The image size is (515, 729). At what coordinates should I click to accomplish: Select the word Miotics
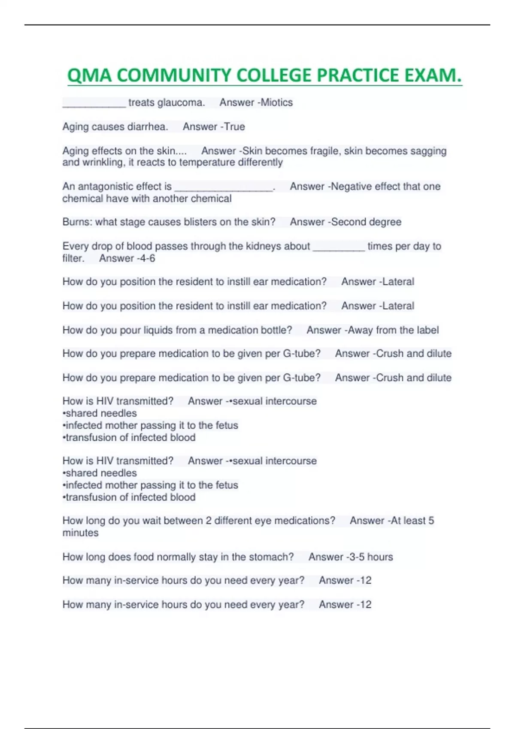click(x=277, y=102)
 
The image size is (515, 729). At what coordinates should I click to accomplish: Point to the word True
click(x=234, y=127)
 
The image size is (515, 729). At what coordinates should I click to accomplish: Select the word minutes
click(x=80, y=533)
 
